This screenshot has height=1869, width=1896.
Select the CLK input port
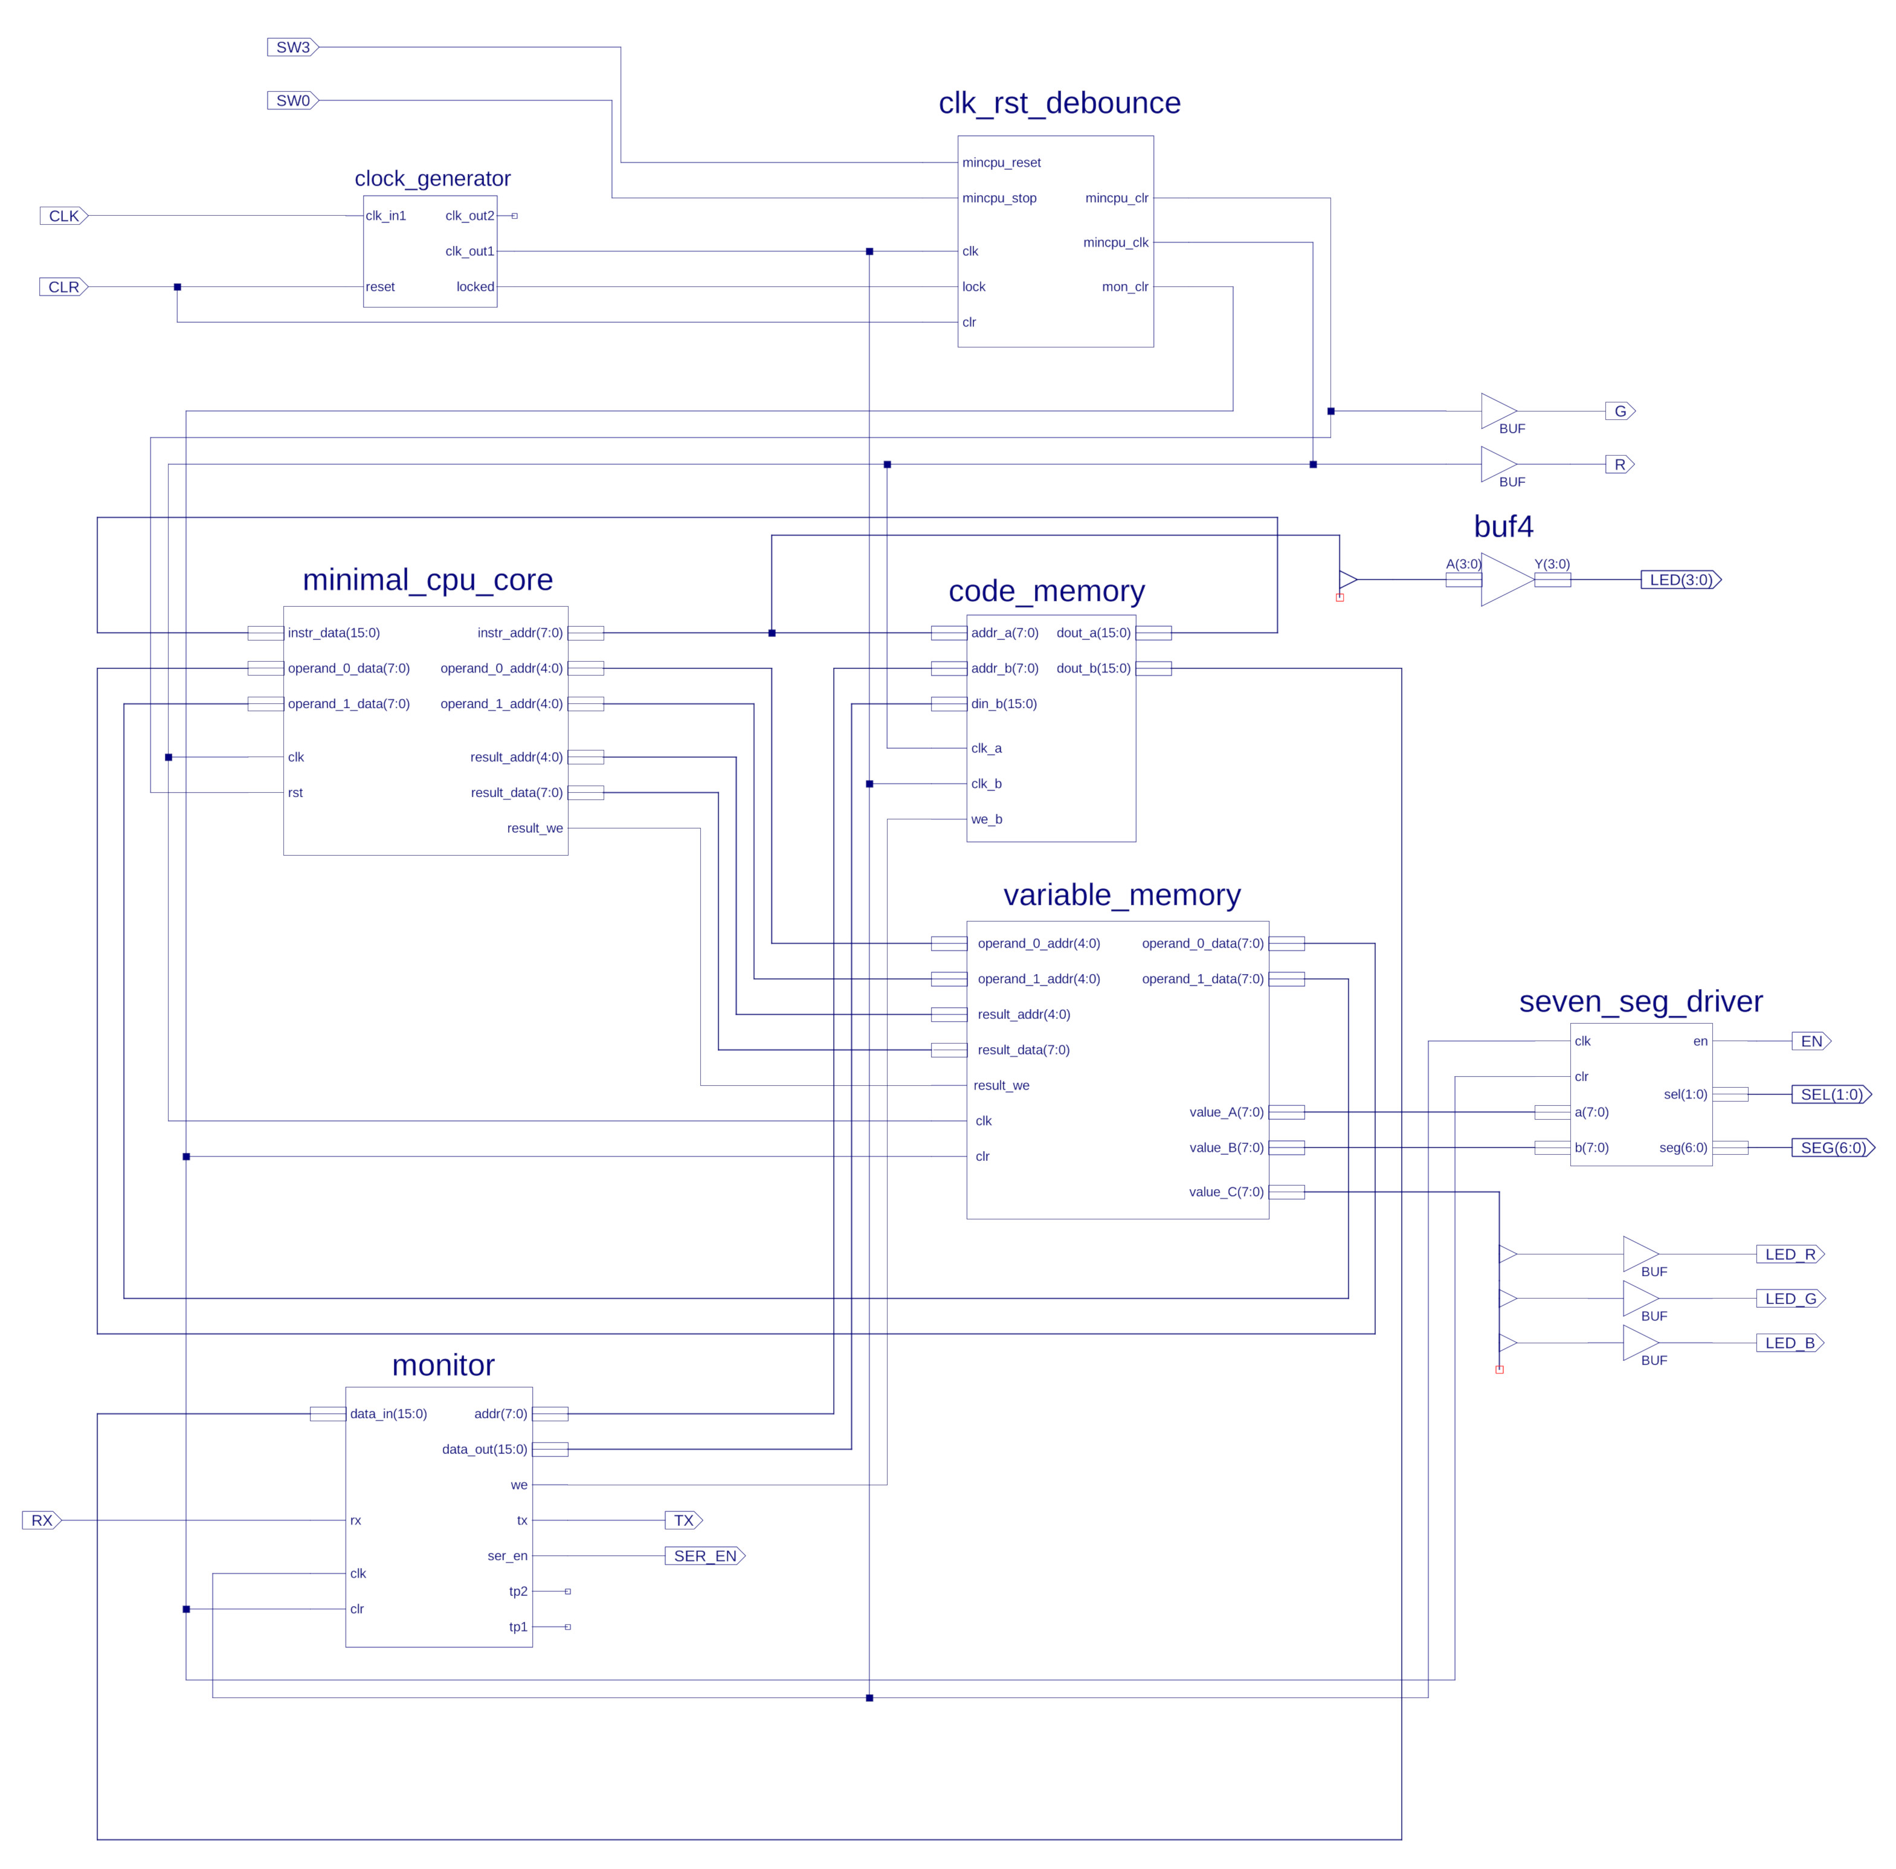point(64,216)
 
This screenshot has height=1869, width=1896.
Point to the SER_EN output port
point(705,1556)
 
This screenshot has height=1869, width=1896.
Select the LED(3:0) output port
point(1681,580)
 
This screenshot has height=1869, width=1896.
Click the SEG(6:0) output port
point(1833,1148)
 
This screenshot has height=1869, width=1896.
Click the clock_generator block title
point(433,179)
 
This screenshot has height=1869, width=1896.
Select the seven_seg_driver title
point(1641,1001)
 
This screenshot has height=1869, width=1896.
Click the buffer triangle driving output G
point(1498,412)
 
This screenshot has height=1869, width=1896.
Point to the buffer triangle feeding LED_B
point(1641,1343)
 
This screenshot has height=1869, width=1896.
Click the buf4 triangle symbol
point(1506,580)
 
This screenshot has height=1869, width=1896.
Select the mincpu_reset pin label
point(1001,163)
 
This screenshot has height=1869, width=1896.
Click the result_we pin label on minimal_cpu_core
point(535,828)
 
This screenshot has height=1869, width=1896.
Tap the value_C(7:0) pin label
point(1227,1192)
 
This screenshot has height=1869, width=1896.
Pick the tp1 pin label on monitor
point(518,1627)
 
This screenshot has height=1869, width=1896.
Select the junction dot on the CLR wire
point(178,286)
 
